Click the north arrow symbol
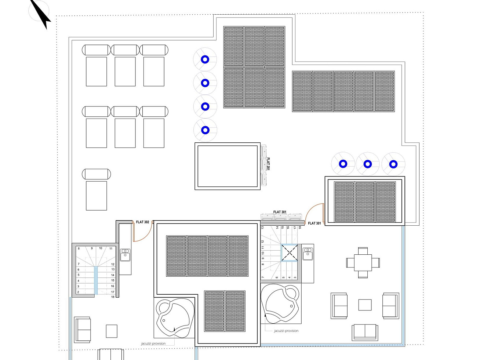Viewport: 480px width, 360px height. pos(41,14)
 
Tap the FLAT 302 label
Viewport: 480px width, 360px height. pos(142,222)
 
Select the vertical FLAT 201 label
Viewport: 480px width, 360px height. pos(268,164)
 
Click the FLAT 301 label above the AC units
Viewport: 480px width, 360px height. pos(280,212)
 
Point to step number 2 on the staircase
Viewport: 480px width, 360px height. pos(78,292)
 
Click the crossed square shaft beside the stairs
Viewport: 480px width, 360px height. pos(289,253)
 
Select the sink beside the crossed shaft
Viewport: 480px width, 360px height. pos(308,254)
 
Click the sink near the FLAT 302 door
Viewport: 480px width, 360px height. pos(125,255)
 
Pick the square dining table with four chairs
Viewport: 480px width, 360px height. pos(363,262)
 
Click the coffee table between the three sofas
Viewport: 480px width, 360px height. pos(365,305)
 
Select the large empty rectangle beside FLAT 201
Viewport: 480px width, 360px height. pos(228,166)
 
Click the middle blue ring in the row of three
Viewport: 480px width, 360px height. pos(368,164)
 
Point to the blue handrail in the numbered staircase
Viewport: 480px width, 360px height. pos(96,281)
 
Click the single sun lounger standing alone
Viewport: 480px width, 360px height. pos(97,189)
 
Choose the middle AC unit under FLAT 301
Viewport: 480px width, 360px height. pos(281,217)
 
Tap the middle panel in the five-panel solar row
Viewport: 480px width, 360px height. pos(343,91)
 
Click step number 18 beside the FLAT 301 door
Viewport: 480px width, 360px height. pos(300,227)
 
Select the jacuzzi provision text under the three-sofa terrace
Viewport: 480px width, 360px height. pos(286,331)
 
